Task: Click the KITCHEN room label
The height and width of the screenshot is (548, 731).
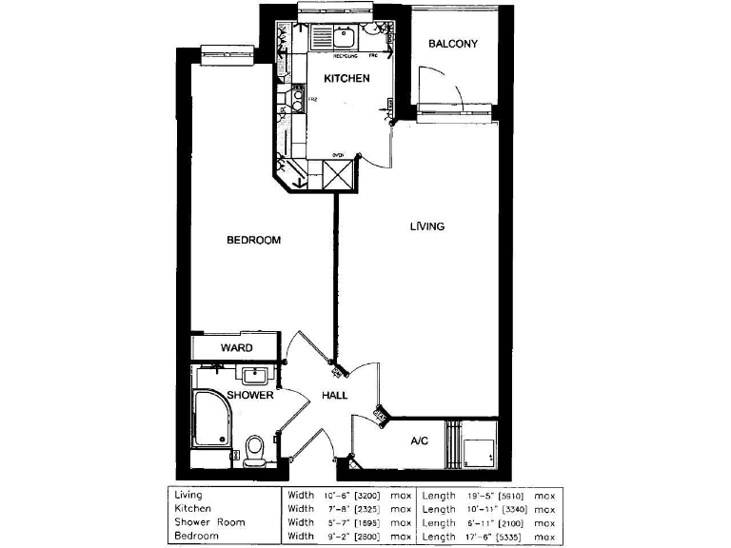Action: click(x=346, y=78)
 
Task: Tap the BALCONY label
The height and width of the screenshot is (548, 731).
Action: click(x=452, y=44)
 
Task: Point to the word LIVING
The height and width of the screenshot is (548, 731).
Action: click(x=427, y=226)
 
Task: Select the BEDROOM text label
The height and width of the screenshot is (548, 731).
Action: click(x=253, y=240)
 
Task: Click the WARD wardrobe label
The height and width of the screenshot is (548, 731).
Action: click(x=236, y=348)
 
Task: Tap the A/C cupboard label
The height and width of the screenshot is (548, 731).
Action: click(x=420, y=440)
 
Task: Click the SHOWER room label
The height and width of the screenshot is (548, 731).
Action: click(x=250, y=395)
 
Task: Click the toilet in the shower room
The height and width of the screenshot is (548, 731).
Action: click(x=254, y=450)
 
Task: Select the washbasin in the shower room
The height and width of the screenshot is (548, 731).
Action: click(x=255, y=374)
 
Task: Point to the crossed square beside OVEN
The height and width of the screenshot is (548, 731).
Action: click(x=338, y=176)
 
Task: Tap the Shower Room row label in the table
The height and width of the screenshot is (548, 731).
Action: click(x=209, y=522)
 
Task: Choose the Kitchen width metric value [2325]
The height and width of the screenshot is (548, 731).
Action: click(x=371, y=509)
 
